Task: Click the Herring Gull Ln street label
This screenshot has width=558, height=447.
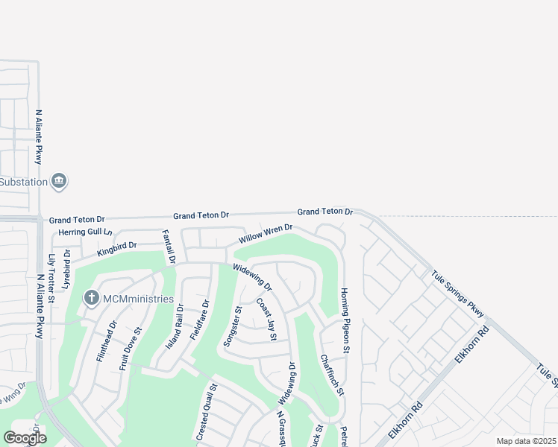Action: point(84,233)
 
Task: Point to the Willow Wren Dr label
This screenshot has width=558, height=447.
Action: point(265,233)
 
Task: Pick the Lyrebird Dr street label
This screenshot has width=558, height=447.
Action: point(66,270)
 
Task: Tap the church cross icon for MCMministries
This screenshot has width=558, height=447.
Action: point(92,299)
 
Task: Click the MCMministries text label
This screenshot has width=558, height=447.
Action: point(138,299)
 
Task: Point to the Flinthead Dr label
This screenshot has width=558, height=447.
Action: point(105,341)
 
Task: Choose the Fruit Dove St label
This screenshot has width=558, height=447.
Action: point(131,349)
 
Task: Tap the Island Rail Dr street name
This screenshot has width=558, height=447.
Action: point(175,328)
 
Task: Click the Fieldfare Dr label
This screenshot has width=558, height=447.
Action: point(200,320)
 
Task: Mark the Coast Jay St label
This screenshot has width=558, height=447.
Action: point(266,320)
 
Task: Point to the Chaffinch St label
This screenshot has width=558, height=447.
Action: point(332,375)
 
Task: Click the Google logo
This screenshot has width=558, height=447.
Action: point(25,438)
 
